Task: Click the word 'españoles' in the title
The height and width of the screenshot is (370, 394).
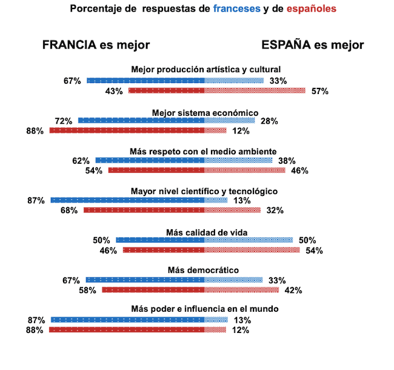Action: (307, 9)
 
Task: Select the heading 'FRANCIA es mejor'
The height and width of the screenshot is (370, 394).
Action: (96, 45)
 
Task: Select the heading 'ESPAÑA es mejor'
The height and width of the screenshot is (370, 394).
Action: (312, 45)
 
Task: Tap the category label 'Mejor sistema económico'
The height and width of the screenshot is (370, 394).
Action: (205, 112)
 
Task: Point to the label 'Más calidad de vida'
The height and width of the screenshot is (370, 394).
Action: (205, 232)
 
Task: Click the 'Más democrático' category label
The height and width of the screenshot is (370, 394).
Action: (205, 270)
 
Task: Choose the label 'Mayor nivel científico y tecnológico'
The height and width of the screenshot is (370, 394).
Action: (205, 191)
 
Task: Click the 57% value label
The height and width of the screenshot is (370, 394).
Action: (319, 91)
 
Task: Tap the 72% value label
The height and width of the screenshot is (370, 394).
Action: (63, 121)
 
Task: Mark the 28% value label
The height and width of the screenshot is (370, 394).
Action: (269, 121)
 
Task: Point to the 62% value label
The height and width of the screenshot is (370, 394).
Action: (81, 161)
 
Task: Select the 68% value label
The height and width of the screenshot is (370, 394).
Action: (68, 210)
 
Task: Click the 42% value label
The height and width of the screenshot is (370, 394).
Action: (293, 290)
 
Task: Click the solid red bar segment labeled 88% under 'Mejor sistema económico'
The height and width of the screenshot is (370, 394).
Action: (127, 130)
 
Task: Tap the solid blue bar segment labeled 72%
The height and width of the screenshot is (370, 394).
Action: (141, 121)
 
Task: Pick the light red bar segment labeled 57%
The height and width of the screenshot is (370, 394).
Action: (255, 90)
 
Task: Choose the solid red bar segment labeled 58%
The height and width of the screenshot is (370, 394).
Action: (153, 290)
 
